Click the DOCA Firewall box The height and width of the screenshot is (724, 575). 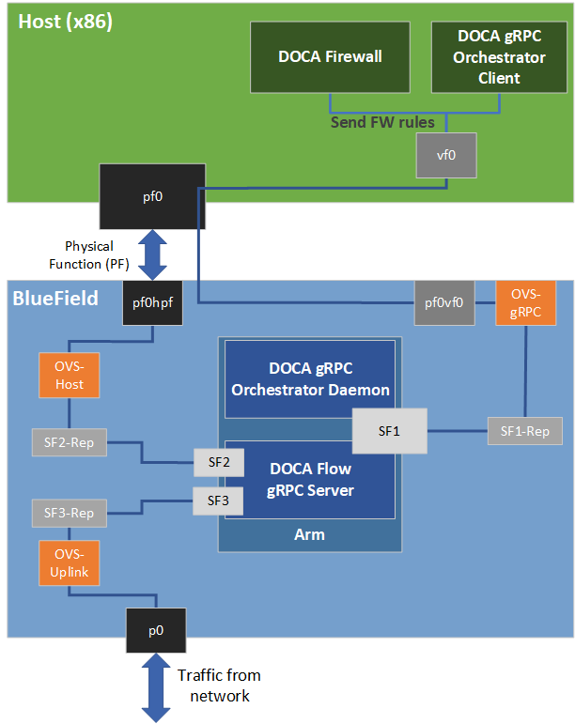coord(330,56)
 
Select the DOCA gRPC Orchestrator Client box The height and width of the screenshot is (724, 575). coord(499,56)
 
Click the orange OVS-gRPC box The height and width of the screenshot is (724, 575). coord(524,302)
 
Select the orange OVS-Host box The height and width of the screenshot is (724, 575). coord(69,376)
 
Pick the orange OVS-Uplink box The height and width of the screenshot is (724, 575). coord(69,562)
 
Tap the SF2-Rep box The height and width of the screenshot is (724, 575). coord(69,441)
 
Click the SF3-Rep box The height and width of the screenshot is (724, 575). coord(69,514)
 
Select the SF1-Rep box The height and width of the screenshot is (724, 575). coord(524,431)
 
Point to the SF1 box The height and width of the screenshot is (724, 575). coord(389,432)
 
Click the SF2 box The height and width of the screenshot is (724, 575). coord(218,462)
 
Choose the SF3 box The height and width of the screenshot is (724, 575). coord(218,501)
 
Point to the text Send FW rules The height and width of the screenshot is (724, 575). coord(381,122)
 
